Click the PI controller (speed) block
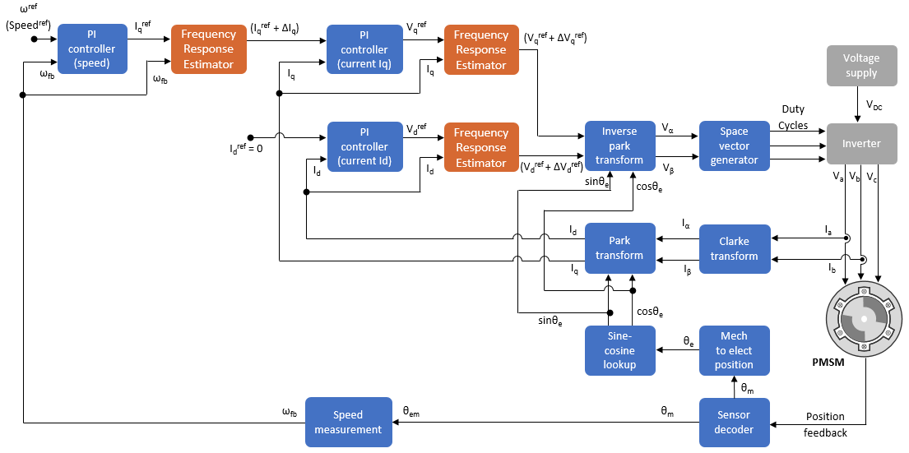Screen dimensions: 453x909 pos(92,49)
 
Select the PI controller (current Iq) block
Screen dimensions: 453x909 pos(363,49)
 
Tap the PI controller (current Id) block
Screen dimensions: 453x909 pos(363,146)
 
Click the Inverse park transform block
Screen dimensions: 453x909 pos(619,146)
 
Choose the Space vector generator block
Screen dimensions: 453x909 pos(734,146)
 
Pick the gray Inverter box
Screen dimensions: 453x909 pos(860,144)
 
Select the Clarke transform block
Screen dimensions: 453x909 pos(734,248)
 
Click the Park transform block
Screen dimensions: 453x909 pos(619,248)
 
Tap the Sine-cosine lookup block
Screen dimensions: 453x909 pos(619,350)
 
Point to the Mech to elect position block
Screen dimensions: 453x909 pos(734,350)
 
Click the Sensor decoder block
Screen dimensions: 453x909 pos(734,422)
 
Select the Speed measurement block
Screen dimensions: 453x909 pos(346,422)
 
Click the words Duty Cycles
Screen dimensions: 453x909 pos(793,118)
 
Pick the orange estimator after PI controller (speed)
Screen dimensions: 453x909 pos(208,49)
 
